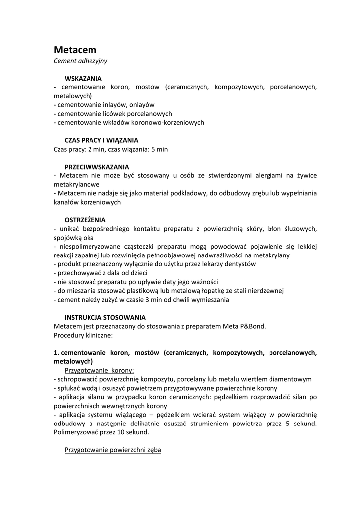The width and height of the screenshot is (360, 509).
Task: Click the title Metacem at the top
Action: coord(75,50)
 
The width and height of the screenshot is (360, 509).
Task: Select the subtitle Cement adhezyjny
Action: coord(81,61)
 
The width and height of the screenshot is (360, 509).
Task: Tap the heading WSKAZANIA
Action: coord(83,79)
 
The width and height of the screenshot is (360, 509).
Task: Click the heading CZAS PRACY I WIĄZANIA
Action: coord(101,140)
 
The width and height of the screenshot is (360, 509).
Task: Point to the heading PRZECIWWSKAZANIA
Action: coord(97,167)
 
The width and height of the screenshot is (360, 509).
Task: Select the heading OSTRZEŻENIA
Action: coord(85,219)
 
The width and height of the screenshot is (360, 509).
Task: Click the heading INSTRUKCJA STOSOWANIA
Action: coord(105,317)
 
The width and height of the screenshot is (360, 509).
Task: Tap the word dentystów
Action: coord(239,264)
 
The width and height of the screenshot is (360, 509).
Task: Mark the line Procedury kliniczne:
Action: coord(84,335)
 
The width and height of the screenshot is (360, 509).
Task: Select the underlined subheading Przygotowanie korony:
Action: coord(99,370)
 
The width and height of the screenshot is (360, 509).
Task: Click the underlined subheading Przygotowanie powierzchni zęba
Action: coord(113,450)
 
